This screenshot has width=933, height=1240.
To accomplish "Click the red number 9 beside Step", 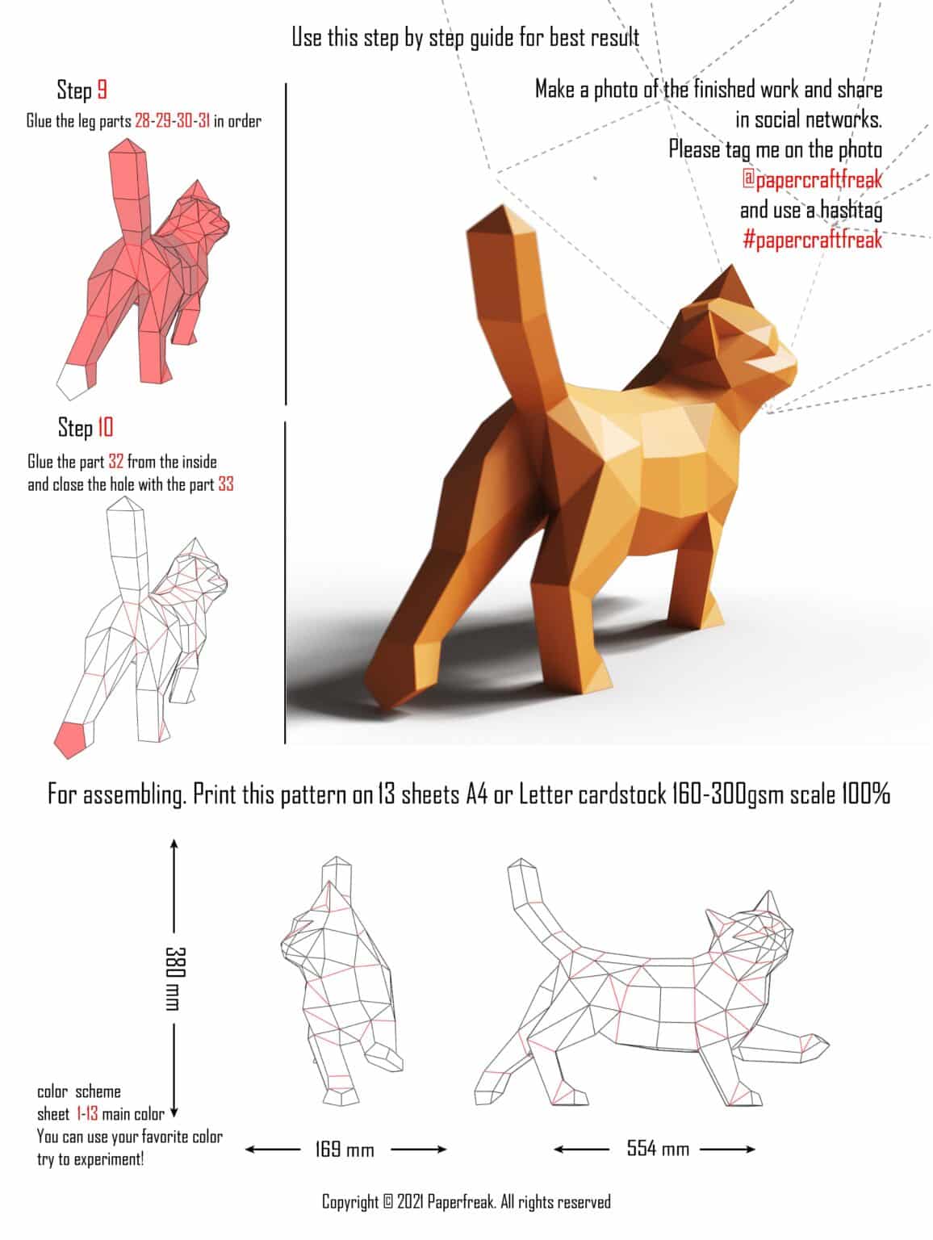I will coord(103,90).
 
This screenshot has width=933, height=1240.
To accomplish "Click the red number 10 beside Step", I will coord(106,427).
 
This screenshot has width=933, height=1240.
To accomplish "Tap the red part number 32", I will coord(115,462).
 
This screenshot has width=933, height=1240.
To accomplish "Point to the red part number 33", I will coord(225,484).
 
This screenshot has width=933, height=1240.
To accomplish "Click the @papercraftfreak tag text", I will coord(812,179).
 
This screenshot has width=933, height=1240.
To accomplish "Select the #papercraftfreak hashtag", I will coord(812,240).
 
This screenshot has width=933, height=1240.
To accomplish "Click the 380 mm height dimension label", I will coord(174,977).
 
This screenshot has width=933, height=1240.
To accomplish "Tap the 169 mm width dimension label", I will coord(345,1149).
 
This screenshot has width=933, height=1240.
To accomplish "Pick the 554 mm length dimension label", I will coord(658,1148).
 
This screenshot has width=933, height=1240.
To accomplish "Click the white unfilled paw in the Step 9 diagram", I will coord(72,380).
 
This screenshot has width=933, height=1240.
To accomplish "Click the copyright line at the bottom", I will coord(466,1202).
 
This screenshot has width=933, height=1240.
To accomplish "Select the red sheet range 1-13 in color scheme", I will coord(87,1114).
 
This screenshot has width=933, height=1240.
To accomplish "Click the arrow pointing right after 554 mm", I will coord(747,1149).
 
